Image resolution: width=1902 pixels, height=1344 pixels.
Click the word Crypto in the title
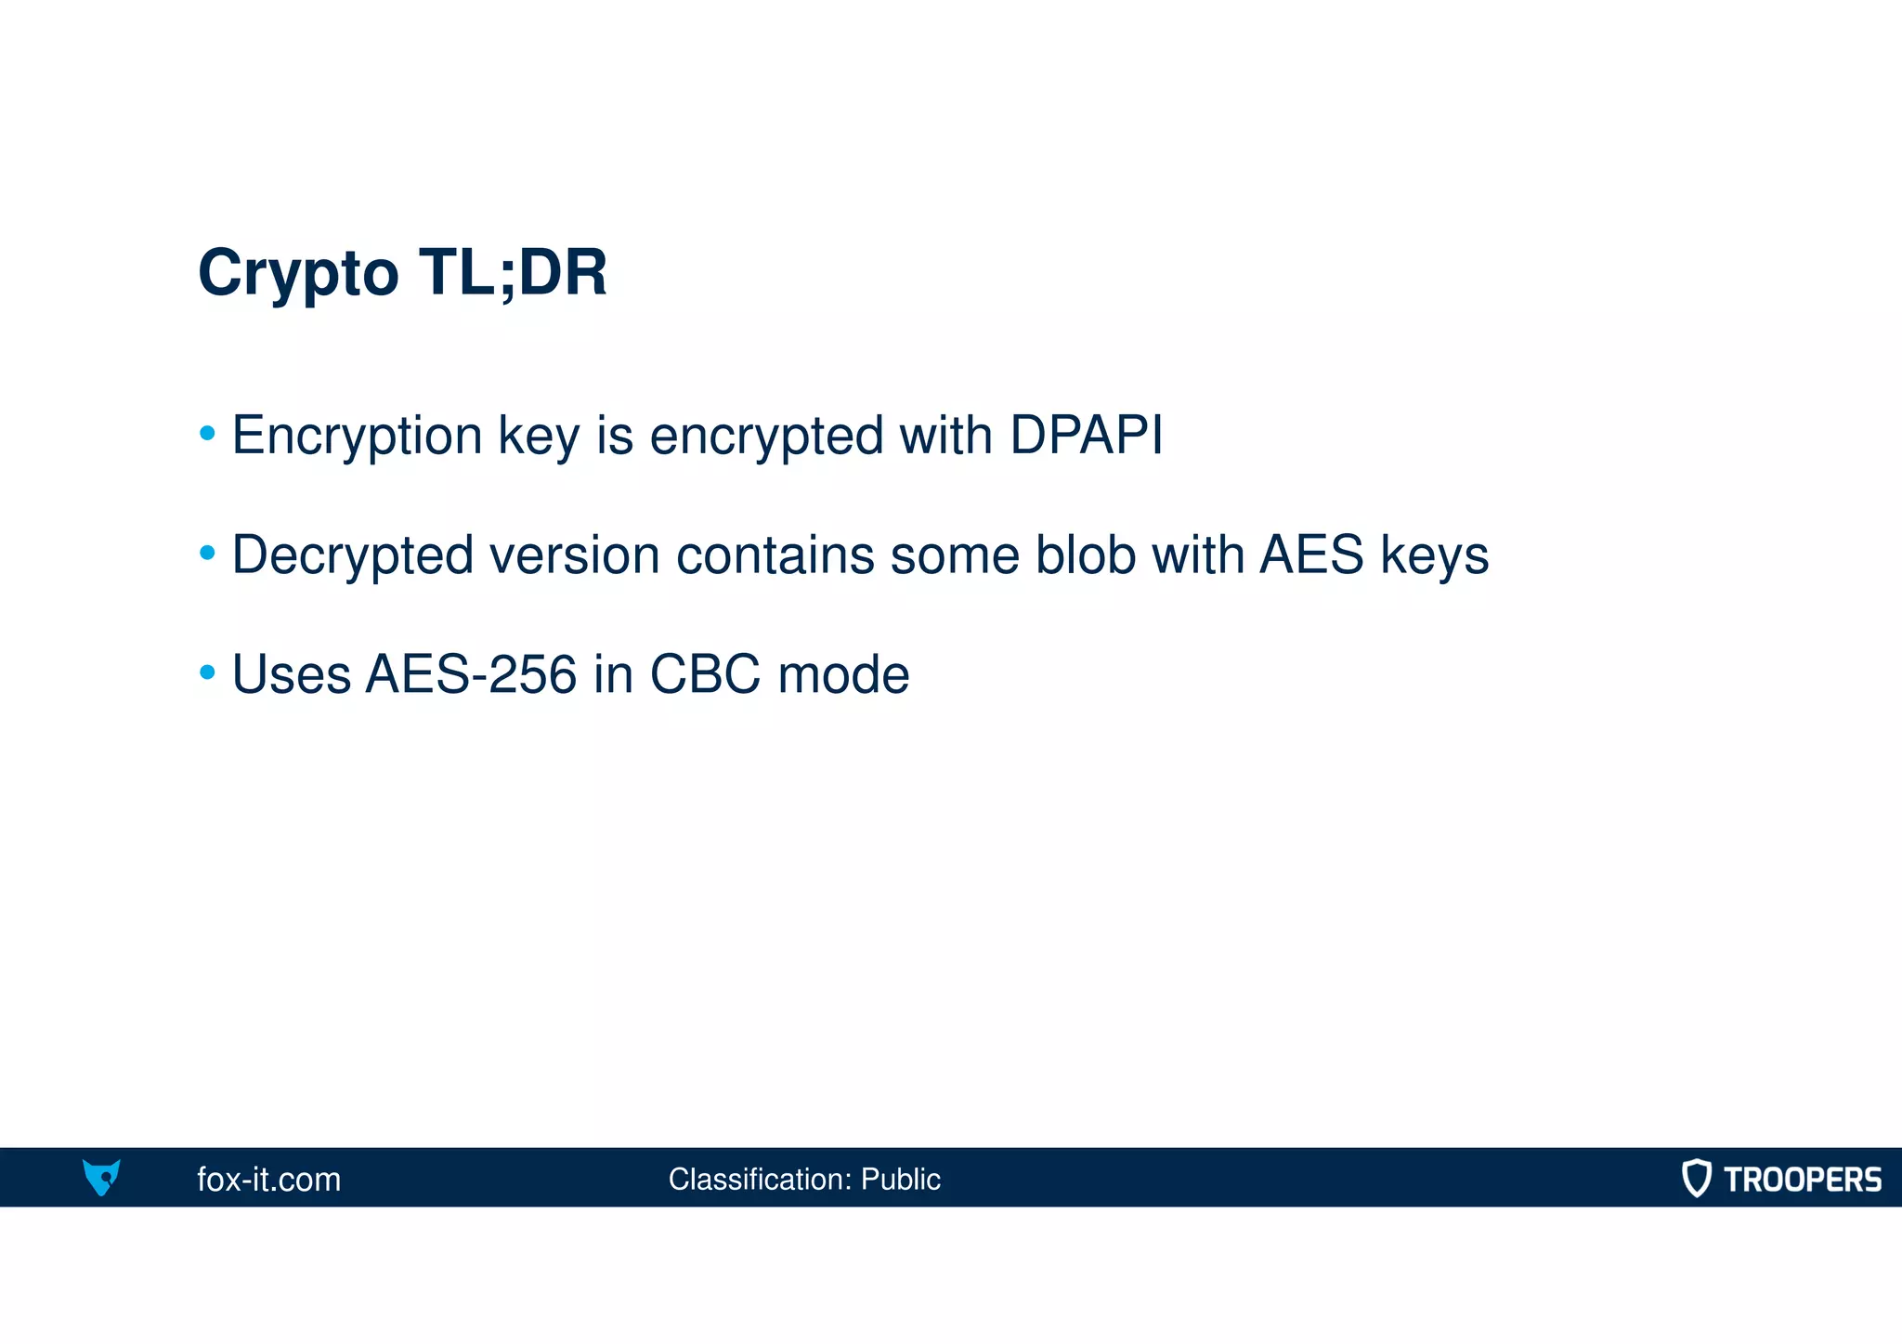298,273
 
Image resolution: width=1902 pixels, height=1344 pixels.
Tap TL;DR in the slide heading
513,273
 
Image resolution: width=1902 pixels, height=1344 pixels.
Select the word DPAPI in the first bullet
1086,435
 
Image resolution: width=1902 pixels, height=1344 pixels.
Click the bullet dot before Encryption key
208,434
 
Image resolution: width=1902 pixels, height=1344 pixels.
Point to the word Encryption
357,437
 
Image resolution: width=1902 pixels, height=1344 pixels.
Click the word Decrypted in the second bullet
352,555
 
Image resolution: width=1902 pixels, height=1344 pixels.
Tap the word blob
1085,555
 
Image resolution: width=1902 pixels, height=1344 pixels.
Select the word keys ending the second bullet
1434,556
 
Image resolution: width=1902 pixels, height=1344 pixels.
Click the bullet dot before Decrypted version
208,554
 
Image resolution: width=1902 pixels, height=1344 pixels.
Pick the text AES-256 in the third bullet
471,674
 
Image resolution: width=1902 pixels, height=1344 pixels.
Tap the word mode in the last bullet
843,674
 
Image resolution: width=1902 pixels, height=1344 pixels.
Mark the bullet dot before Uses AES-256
208,672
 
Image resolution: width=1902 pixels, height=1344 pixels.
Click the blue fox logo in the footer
101,1178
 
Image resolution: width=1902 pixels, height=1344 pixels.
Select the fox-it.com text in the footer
268,1180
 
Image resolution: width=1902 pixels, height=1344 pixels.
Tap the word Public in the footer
900,1180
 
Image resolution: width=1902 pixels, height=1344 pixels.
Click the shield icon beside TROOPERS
1696,1178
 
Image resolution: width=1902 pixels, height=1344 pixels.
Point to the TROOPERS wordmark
1802,1180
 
